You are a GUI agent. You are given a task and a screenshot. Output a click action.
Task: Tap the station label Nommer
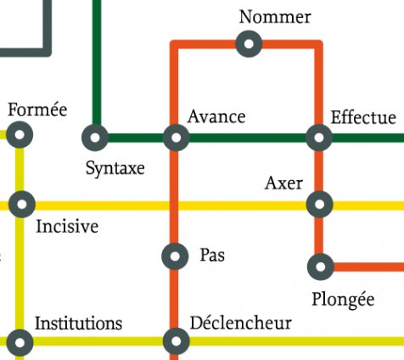275,17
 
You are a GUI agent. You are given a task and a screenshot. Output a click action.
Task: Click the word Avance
216,116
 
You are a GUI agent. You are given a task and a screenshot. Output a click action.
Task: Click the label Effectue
363,117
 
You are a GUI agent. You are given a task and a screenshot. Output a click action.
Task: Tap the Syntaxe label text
115,169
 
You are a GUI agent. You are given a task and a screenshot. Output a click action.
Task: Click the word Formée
37,110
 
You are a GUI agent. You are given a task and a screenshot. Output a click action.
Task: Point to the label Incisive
67,226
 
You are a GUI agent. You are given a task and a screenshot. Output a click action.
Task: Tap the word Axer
283,183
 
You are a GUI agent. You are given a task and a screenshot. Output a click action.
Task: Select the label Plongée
343,300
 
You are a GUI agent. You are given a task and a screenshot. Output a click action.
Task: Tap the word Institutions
78,323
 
